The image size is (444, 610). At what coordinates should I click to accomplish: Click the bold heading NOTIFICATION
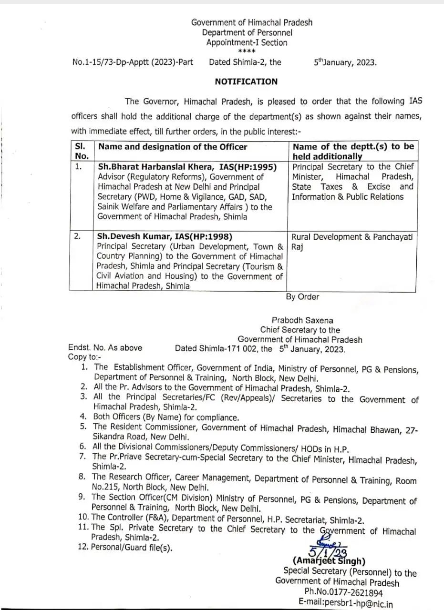246,81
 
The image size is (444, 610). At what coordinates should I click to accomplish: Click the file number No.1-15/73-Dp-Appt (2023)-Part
133,62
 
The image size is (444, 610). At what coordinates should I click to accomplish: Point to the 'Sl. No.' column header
82,151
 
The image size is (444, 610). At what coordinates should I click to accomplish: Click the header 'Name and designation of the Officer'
173,147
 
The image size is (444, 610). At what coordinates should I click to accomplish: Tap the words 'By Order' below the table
302,297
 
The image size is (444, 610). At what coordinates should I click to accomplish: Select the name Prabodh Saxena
302,321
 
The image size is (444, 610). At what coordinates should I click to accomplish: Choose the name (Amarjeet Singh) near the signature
329,561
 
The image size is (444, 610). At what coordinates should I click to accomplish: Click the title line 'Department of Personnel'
247,33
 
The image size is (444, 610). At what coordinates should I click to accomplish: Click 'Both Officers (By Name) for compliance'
166,417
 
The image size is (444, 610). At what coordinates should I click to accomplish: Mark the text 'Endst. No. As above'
105,348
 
